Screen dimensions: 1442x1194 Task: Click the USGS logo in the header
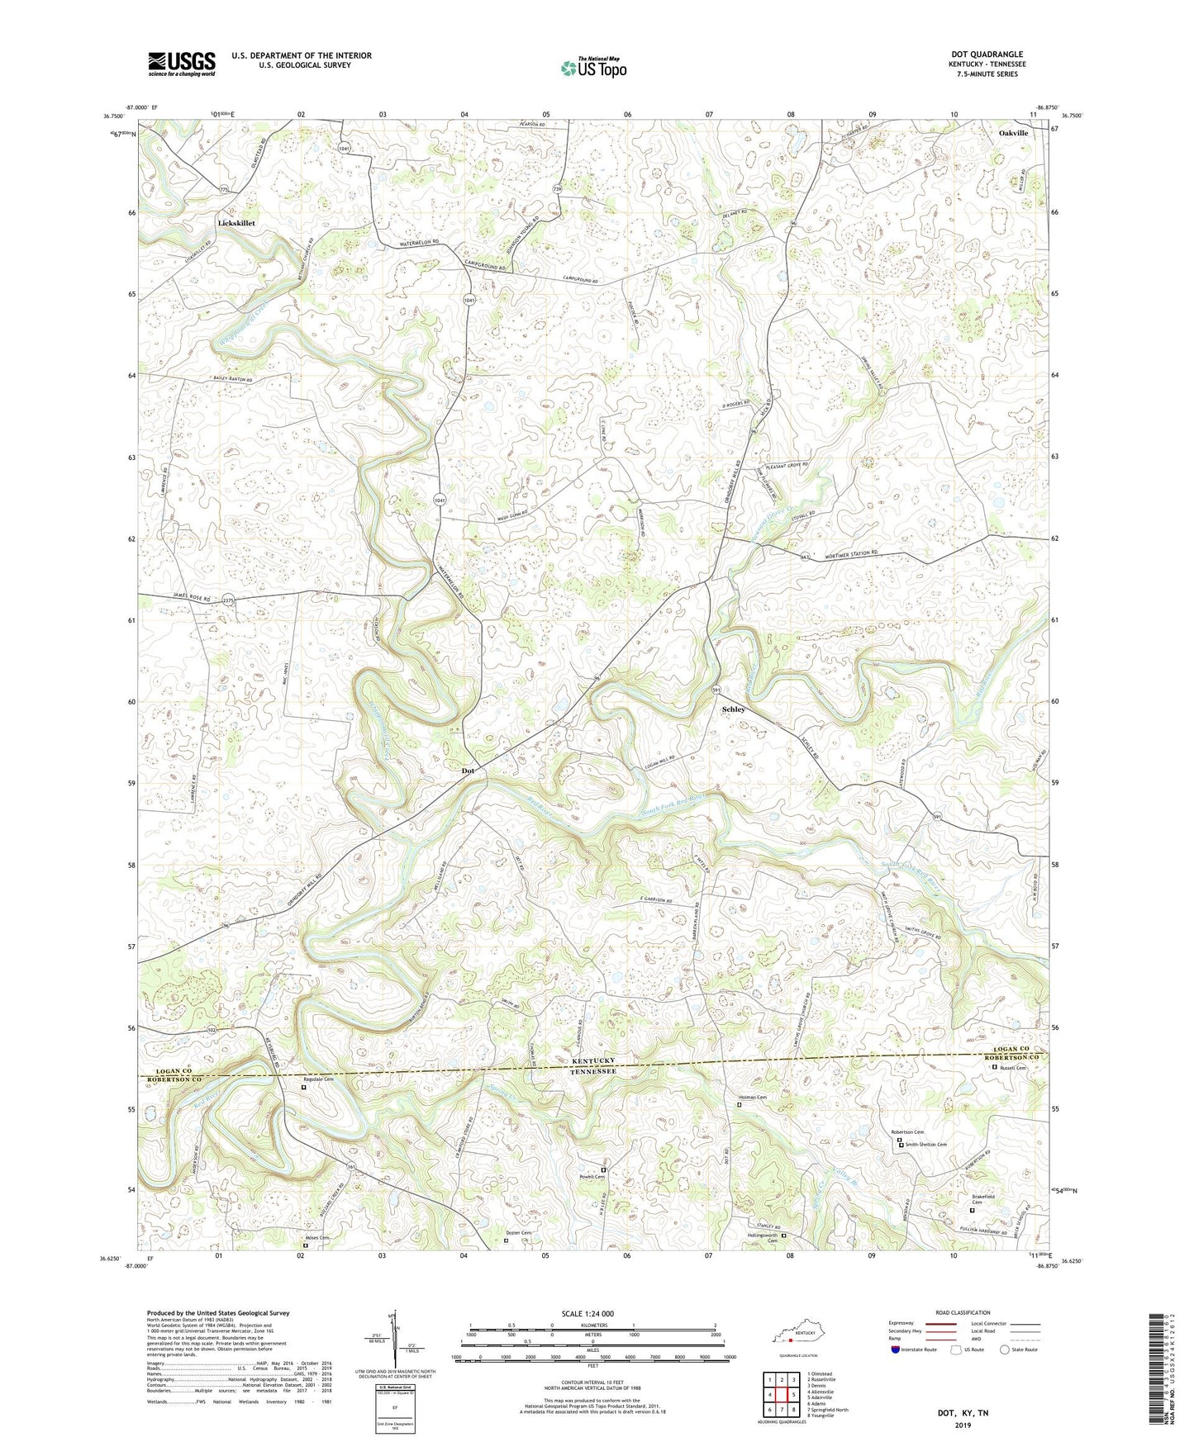click(x=182, y=64)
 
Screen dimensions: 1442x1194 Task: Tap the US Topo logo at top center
click(x=593, y=68)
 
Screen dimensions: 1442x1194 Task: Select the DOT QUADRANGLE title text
click(x=987, y=55)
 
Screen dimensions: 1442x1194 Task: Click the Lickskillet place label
click(x=236, y=223)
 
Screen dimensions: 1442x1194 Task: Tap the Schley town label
click(x=733, y=709)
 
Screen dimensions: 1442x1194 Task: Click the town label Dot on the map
click(x=468, y=771)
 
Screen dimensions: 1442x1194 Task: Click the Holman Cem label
click(x=751, y=1098)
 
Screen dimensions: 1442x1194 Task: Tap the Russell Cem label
click(x=1012, y=1067)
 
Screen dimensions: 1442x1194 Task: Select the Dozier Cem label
click(x=519, y=1233)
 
